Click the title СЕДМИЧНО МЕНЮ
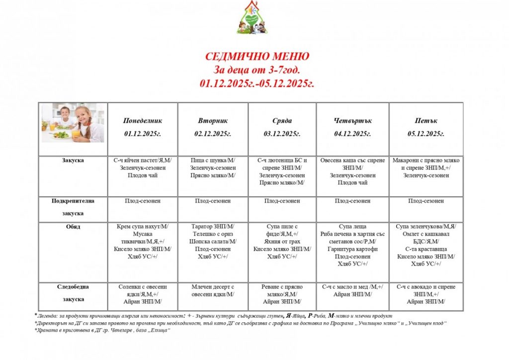click(x=257, y=57)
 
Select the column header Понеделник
click(x=143, y=121)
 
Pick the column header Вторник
click(x=213, y=121)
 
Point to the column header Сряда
click(x=282, y=121)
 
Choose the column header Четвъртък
click(x=353, y=121)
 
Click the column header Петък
click(x=425, y=121)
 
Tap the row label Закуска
click(x=73, y=161)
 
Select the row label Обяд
click(x=73, y=227)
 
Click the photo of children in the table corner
click(x=73, y=123)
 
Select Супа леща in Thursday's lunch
click(x=352, y=227)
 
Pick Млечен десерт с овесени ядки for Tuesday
click(x=213, y=290)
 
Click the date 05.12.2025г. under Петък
click(x=425, y=134)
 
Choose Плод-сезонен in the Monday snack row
click(x=143, y=201)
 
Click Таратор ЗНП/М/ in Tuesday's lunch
click(x=213, y=227)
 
